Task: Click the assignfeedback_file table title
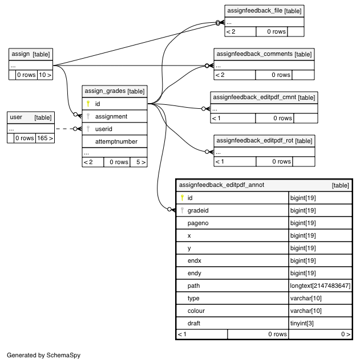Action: [x=255, y=11]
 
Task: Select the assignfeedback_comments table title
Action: [x=254, y=54]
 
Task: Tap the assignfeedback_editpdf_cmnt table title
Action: [x=254, y=97]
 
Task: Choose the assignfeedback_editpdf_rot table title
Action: [x=255, y=141]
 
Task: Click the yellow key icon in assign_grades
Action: [x=88, y=104]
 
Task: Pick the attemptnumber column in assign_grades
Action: [x=116, y=141]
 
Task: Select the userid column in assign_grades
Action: [x=104, y=129]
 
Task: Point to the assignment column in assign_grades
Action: [x=111, y=116]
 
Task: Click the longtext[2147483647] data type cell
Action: [x=320, y=285]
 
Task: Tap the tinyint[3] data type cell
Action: [x=302, y=323]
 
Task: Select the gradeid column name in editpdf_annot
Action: [x=198, y=210]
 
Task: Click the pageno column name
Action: [x=198, y=223]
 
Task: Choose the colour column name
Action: [x=196, y=311]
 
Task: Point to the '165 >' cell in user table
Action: [x=45, y=138]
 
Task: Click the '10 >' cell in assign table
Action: [x=45, y=75]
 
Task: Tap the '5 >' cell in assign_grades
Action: [x=139, y=162]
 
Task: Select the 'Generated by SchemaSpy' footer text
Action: [x=43, y=355]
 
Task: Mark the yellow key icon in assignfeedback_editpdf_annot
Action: [x=182, y=198]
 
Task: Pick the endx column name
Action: [x=194, y=260]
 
